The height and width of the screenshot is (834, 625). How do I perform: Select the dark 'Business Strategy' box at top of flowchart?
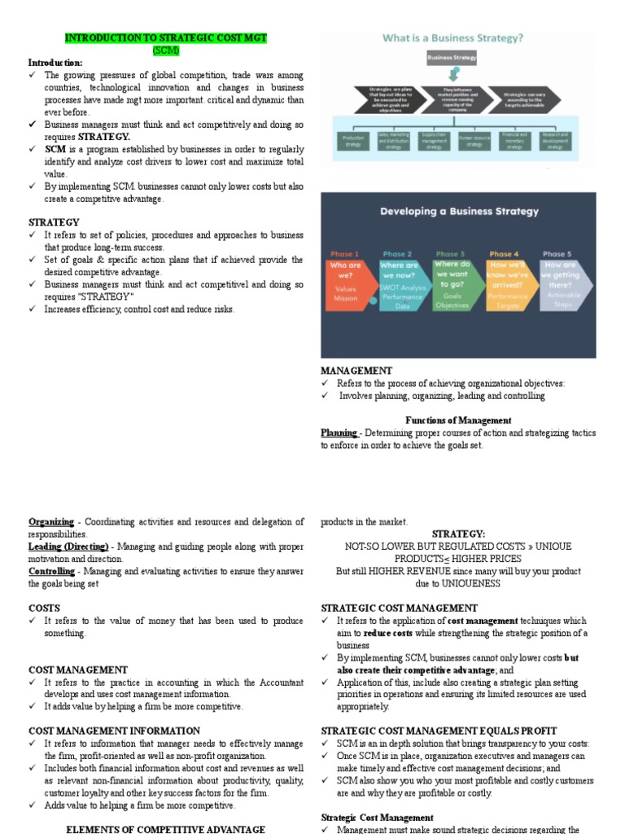pyautogui.click(x=452, y=59)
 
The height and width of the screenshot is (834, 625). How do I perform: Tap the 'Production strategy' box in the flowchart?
pyautogui.click(x=352, y=141)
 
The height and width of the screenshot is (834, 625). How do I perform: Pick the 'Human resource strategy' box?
pyautogui.click(x=474, y=141)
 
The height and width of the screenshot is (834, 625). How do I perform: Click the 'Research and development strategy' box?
pyautogui.click(x=554, y=141)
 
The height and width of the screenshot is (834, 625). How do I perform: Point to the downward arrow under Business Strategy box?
pyautogui.click(x=452, y=74)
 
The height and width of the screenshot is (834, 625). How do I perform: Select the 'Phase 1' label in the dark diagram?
pyautogui.click(x=343, y=254)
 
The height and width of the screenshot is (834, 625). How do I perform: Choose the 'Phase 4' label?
pyautogui.click(x=504, y=254)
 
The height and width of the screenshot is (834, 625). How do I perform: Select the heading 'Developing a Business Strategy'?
pyautogui.click(x=459, y=211)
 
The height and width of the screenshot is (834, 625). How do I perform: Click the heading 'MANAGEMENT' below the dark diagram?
pyautogui.click(x=356, y=371)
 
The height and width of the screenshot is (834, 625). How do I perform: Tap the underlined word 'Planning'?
pyautogui.click(x=339, y=433)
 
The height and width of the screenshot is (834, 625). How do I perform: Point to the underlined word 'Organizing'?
pyautogui.click(x=50, y=522)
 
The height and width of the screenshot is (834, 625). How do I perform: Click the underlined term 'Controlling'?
pyautogui.click(x=51, y=572)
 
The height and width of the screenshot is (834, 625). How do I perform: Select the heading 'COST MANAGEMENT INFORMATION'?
pyautogui.click(x=114, y=731)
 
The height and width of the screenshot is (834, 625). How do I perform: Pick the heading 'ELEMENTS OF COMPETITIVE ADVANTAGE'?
pyautogui.click(x=164, y=829)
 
